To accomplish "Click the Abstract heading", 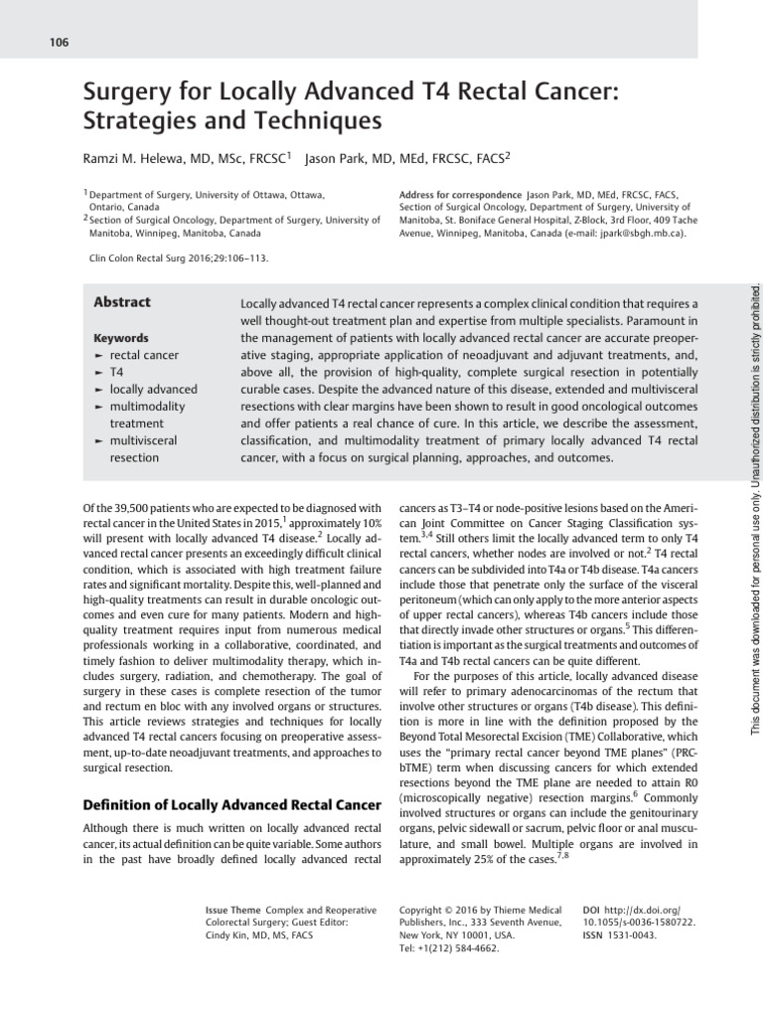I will tap(122, 302).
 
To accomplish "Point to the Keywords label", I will tap(120, 338).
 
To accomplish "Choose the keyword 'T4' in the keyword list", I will tap(117, 372).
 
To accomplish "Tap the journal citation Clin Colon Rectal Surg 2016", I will tap(179, 258).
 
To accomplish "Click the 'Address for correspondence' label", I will tap(460, 194).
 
